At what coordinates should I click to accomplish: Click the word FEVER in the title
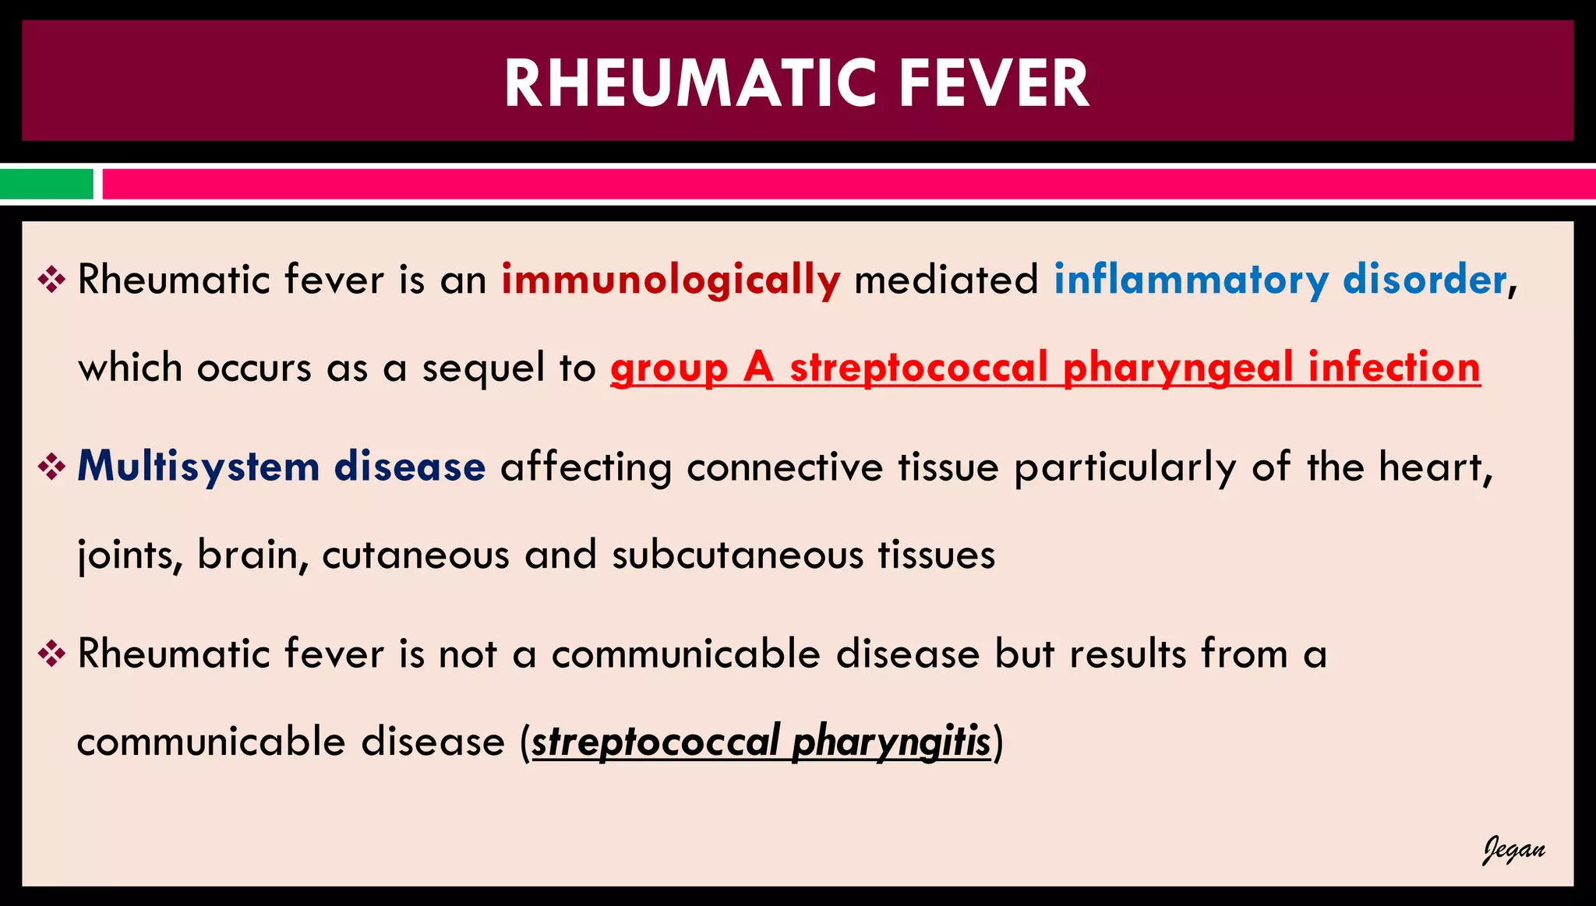click(x=994, y=83)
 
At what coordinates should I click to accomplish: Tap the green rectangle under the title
click(x=47, y=185)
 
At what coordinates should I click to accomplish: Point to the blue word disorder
click(x=1425, y=279)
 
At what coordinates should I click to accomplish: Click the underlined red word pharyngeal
click(x=1178, y=368)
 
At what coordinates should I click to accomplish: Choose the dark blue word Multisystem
click(x=199, y=467)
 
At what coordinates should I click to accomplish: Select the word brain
click(x=247, y=555)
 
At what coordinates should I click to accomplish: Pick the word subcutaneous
click(x=737, y=555)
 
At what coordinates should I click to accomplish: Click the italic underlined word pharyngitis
click(x=891, y=742)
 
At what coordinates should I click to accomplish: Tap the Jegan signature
click(x=1513, y=850)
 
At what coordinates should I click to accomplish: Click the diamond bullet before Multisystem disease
click(x=51, y=467)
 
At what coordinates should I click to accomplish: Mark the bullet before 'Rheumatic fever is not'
click(x=51, y=654)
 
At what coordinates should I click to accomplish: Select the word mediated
click(x=946, y=279)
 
